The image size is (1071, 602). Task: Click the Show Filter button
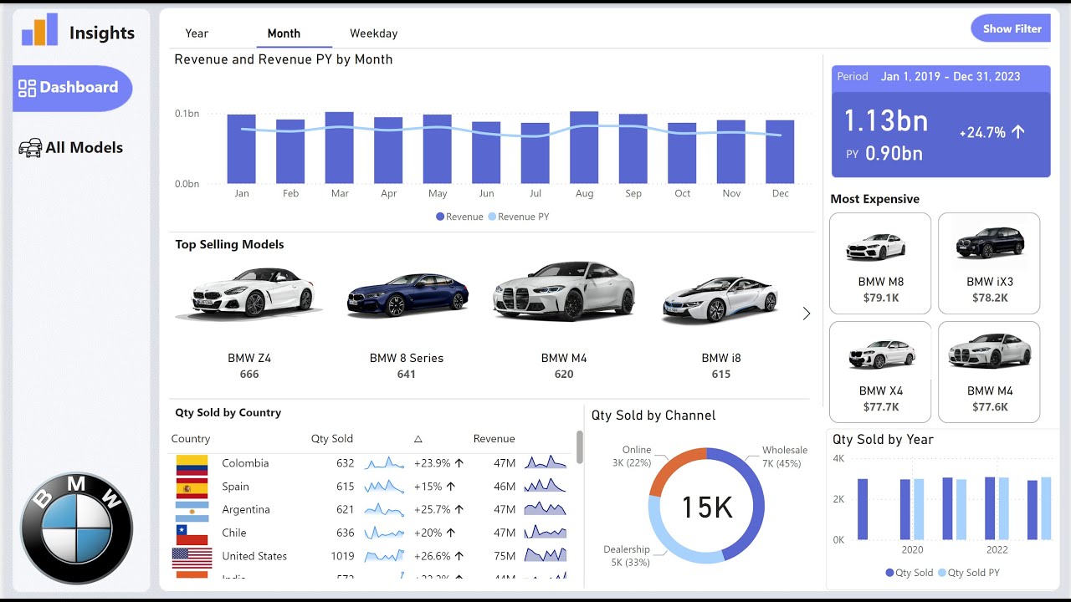(1011, 28)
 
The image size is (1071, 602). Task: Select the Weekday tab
(373, 33)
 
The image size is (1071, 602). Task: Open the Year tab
(197, 33)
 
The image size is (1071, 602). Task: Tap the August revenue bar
(584, 147)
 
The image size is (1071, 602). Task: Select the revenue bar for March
(340, 147)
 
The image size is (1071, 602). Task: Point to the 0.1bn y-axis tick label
(187, 113)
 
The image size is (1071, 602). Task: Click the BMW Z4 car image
(249, 293)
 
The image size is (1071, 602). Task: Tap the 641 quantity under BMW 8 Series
(407, 375)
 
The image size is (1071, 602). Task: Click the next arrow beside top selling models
(807, 314)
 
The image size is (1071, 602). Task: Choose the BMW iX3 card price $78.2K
(990, 298)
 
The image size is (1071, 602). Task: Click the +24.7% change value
(982, 132)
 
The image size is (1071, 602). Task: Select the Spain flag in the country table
(192, 487)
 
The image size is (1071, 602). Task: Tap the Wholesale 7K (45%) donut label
(784, 457)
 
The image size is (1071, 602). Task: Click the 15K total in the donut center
(707, 507)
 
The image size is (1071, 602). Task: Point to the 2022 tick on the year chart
(997, 549)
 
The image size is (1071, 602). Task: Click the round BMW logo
(76, 529)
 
